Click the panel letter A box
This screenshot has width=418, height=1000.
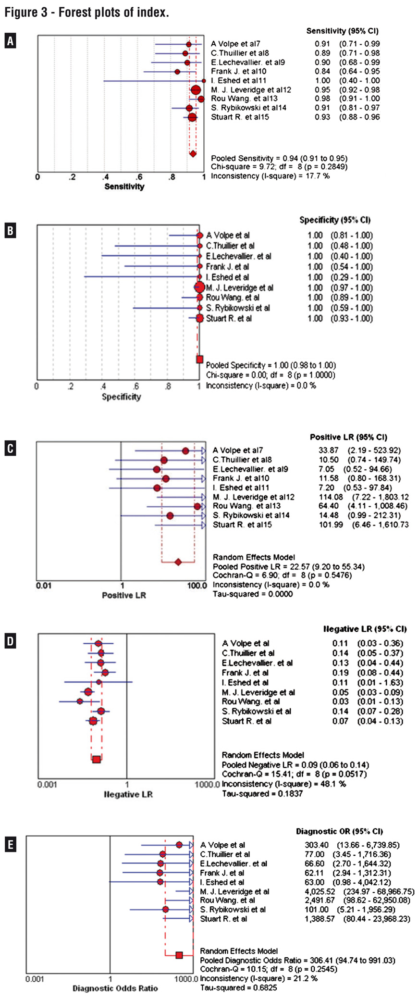(10, 41)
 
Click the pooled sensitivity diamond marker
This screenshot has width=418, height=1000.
(193, 154)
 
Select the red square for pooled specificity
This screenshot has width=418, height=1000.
(199, 359)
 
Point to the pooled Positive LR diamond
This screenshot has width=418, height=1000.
(178, 562)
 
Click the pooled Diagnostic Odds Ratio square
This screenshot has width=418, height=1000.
(179, 955)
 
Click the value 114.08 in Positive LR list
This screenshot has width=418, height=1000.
(331, 497)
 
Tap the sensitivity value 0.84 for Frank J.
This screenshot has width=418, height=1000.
(322, 72)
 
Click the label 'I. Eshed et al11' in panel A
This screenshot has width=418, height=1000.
(238, 81)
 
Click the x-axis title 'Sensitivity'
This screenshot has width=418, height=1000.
(124, 187)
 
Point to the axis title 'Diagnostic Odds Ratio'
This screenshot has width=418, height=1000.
(115, 988)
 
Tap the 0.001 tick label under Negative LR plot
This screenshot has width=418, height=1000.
(47, 785)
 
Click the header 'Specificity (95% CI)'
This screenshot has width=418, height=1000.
(335, 220)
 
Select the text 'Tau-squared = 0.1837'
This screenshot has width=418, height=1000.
(262, 794)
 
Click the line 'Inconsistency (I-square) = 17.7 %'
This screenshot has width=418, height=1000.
(270, 176)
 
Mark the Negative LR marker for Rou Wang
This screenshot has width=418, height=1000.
(80, 701)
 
